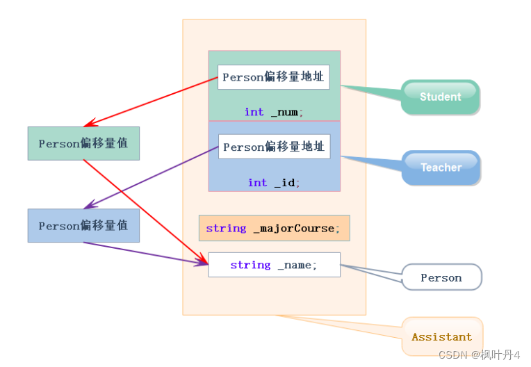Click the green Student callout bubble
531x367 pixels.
[440, 97]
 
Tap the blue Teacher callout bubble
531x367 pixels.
[441, 168]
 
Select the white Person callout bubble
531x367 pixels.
[441, 277]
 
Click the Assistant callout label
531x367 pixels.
[442, 337]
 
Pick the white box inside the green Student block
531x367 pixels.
[274, 77]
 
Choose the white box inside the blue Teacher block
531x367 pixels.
[275, 147]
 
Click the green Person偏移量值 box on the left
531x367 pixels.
[83, 143]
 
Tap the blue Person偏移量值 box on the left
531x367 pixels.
[83, 225]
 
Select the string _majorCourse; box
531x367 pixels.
[275, 228]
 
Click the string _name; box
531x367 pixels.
[275, 265]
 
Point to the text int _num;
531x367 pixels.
[274, 112]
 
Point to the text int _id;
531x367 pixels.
[274, 183]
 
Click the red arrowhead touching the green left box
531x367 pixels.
[90, 123]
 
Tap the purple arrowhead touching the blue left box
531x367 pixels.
[90, 204]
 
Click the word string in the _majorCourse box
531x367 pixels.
[226, 229]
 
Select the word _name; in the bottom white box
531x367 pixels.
[297, 265]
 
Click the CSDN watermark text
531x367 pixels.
[479, 354]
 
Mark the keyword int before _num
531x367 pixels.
[254, 112]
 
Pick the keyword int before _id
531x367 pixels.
[257, 183]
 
